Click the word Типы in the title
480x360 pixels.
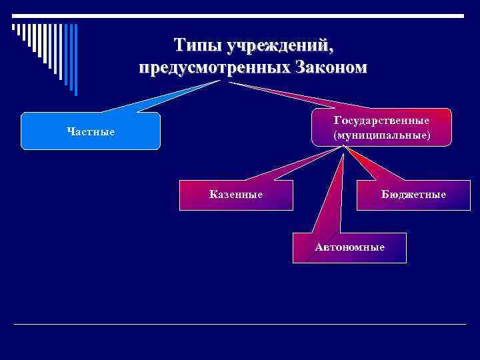coord(197,46)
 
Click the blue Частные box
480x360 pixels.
coord(91,131)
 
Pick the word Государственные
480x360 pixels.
coord(381,120)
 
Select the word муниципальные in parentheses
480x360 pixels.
coord(381,135)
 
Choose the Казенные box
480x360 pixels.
coord(235,195)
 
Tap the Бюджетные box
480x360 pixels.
coord(413,195)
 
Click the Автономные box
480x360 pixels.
coord(349,247)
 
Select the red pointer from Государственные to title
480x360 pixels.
coord(293,97)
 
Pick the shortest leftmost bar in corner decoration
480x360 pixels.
coord(13,27)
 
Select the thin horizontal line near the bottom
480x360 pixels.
coord(240,324)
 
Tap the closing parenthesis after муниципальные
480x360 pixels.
coord(429,135)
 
